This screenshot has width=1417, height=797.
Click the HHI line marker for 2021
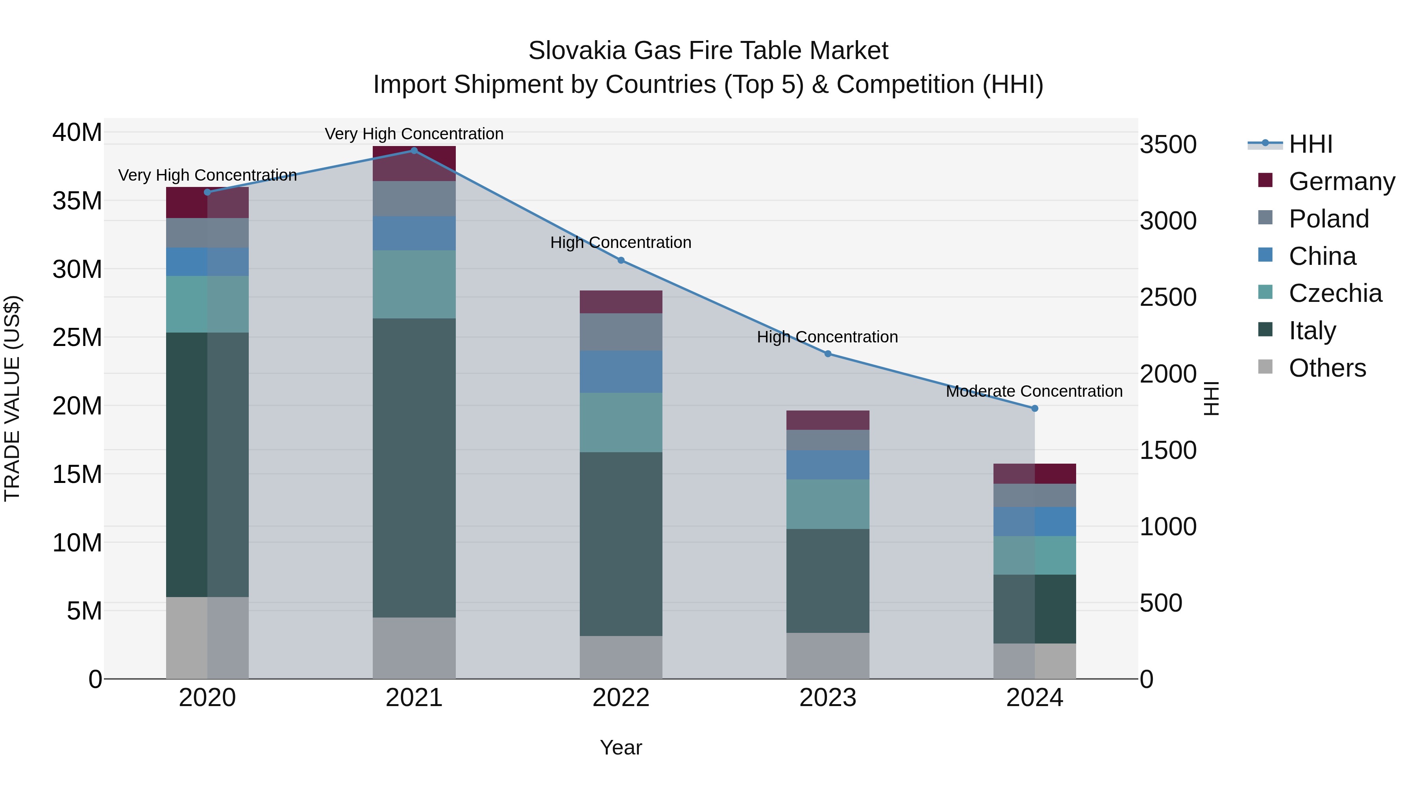[x=414, y=151]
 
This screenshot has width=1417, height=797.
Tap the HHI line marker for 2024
[x=1035, y=409]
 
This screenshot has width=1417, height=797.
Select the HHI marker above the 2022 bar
[x=621, y=260]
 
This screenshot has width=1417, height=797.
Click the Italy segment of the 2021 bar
[x=414, y=468]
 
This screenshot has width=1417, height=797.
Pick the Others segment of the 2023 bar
[x=828, y=656]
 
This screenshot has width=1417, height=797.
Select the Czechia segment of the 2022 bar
[x=621, y=422]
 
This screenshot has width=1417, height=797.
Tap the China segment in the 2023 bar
[x=828, y=465]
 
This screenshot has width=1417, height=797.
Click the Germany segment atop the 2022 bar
[x=621, y=302]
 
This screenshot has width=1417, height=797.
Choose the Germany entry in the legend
[x=1342, y=181]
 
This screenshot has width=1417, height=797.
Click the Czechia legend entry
[x=1335, y=293]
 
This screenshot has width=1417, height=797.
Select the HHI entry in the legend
[x=1310, y=144]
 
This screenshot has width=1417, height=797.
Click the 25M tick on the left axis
[x=78, y=337]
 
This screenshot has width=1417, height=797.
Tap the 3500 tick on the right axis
[x=1168, y=145]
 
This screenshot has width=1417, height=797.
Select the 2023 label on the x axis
[x=828, y=698]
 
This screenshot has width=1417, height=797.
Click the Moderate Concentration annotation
[x=1034, y=391]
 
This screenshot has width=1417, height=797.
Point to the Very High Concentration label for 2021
[x=414, y=134]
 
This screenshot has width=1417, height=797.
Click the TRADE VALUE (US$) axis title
[x=13, y=398]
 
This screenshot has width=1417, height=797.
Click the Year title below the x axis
[x=621, y=747]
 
